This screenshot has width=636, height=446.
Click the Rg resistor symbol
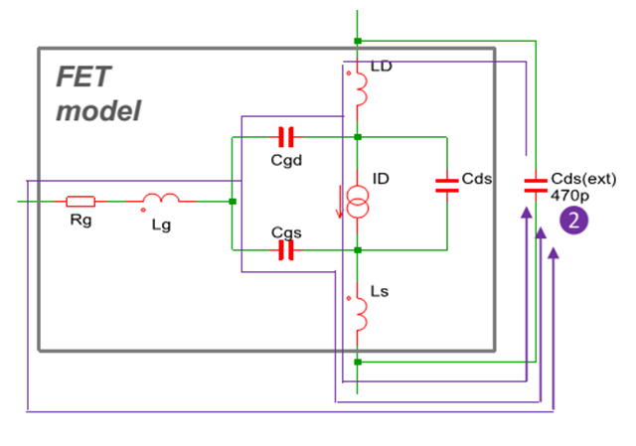80,202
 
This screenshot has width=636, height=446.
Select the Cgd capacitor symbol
287,136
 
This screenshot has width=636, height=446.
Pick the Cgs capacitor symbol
287,250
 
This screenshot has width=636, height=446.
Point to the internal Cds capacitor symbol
447,187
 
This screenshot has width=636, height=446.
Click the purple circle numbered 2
574,220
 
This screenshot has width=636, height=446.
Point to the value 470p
568,196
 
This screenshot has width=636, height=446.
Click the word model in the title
97,110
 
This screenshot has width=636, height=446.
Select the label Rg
80,222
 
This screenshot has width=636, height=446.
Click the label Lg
161,225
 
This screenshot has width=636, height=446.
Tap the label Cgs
285,231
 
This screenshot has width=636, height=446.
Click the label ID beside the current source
382,179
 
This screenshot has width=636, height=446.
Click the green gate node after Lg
232,202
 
